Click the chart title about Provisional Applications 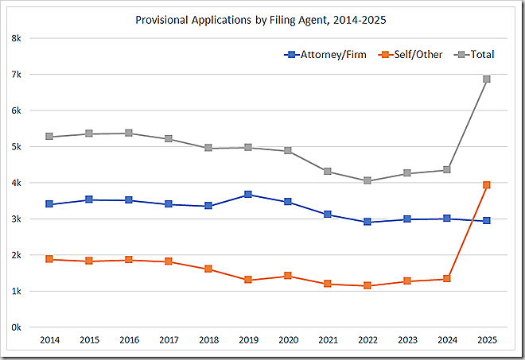262,18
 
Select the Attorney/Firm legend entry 325,55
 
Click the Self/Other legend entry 410,55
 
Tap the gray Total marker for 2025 487,79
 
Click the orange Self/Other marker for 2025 487,184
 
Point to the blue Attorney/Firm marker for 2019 248,194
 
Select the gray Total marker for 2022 367,180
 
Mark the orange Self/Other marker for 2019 248,280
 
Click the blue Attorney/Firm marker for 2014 49,204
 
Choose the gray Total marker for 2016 129,134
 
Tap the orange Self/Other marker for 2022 367,285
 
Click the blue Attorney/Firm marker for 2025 487,220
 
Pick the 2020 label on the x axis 288,340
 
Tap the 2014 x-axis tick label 49,340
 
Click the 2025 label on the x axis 487,340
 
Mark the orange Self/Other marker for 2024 447,279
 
